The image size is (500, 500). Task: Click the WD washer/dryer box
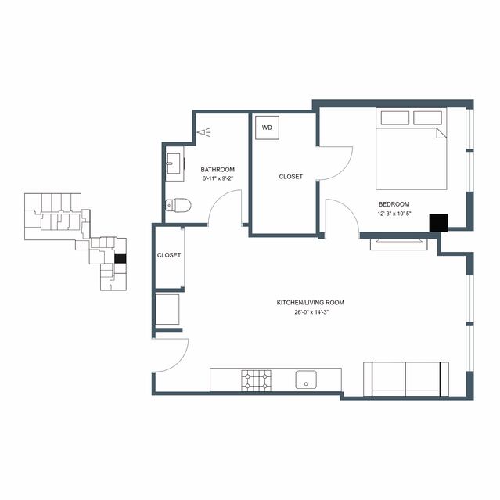tap(268, 128)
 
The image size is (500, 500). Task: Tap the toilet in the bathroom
tap(178, 205)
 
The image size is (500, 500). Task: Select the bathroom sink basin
tap(174, 164)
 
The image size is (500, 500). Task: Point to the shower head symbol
tap(204, 132)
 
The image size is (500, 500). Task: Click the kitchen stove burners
tap(256, 380)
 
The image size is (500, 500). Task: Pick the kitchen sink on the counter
tap(306, 379)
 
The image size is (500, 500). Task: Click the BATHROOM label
tap(218, 170)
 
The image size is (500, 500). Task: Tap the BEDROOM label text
tap(394, 204)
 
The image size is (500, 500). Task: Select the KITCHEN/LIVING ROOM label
tap(311, 303)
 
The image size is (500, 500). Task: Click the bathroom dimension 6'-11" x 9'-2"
tap(218, 179)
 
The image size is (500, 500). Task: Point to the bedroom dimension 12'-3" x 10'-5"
tap(394, 214)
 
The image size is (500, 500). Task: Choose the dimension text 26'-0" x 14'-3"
tap(311, 312)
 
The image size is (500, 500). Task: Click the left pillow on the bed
tap(395, 117)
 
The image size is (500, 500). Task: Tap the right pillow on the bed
tap(427, 117)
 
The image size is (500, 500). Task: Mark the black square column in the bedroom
tap(438, 223)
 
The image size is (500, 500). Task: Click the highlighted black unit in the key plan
tap(121, 258)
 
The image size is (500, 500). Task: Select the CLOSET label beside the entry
tap(169, 255)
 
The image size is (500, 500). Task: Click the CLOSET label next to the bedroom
tap(290, 177)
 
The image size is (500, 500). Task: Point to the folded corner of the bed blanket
tap(441, 133)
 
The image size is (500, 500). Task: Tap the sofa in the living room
tap(406, 379)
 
